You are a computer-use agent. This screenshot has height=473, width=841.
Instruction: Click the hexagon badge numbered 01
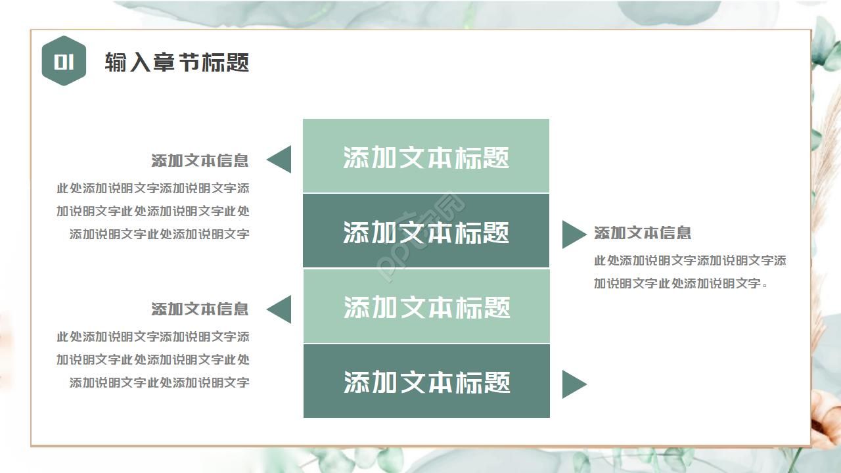(x=64, y=61)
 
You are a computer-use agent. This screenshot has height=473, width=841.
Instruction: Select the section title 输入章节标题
(x=177, y=62)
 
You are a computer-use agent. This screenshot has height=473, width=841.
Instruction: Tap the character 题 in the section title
(x=238, y=62)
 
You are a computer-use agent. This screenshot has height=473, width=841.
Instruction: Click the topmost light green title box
(x=426, y=156)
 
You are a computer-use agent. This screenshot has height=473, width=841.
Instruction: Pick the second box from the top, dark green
(x=426, y=231)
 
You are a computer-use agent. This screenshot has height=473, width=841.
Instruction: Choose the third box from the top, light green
(x=426, y=306)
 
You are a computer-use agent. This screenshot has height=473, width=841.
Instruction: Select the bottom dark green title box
(x=426, y=381)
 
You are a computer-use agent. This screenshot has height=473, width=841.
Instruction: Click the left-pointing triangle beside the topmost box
(x=281, y=160)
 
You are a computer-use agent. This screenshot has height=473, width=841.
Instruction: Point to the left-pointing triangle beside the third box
(x=281, y=309)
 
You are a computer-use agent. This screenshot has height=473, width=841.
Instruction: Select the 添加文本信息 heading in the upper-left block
(x=200, y=160)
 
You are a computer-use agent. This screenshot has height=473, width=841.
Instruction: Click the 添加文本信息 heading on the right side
(x=643, y=233)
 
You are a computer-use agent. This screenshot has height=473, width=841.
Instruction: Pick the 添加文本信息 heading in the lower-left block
(x=200, y=309)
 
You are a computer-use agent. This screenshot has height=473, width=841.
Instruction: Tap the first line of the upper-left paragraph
(x=152, y=189)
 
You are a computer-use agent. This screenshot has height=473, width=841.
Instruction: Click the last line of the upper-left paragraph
(x=159, y=234)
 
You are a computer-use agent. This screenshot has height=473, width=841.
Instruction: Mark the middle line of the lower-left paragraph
(x=152, y=359)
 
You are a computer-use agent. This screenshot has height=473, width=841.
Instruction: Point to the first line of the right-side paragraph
(x=690, y=261)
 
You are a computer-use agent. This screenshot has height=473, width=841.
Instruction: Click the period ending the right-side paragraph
(x=765, y=286)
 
